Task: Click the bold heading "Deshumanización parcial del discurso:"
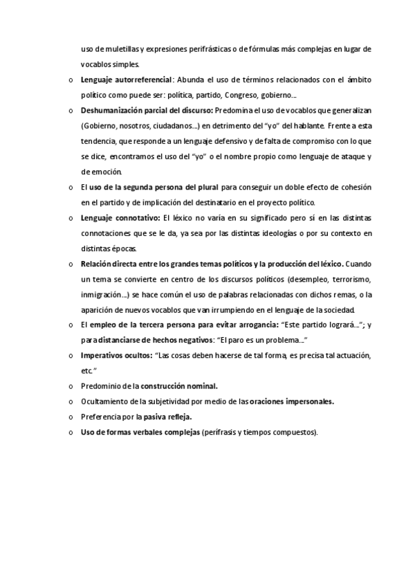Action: pyautogui.click(x=147, y=110)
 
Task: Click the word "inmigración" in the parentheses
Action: pyautogui.click(x=100, y=294)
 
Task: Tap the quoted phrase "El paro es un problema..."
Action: pyautogui.click(x=262, y=340)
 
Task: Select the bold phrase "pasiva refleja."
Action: pyautogui.click(x=168, y=417)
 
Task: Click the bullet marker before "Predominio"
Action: pyautogui.click(x=71, y=386)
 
